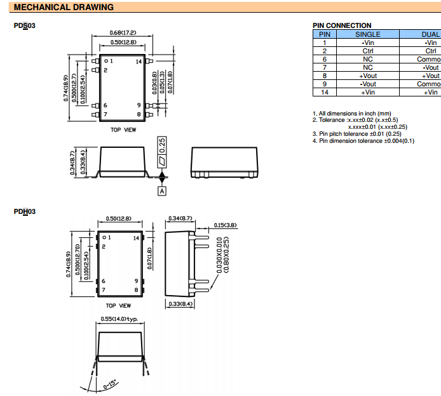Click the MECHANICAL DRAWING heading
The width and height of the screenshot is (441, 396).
point(64,7)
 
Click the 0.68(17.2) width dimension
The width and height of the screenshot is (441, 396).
point(123,33)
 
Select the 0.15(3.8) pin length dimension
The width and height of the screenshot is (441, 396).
point(225,225)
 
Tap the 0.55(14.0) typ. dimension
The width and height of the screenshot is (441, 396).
point(119,319)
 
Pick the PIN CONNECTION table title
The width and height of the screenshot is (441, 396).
point(342,26)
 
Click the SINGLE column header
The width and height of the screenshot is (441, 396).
point(367,34)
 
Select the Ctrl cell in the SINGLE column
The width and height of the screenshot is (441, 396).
point(367,51)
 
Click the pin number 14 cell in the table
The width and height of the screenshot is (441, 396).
point(324,92)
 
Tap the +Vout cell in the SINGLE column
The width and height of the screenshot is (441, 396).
point(367,76)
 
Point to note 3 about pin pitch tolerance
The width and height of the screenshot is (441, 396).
point(356,134)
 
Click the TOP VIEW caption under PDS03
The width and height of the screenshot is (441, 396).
point(123,129)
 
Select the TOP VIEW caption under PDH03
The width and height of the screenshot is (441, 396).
point(119,305)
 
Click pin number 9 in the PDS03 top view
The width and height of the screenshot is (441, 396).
point(138,105)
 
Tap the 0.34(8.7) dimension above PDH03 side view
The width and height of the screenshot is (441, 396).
point(180,218)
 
